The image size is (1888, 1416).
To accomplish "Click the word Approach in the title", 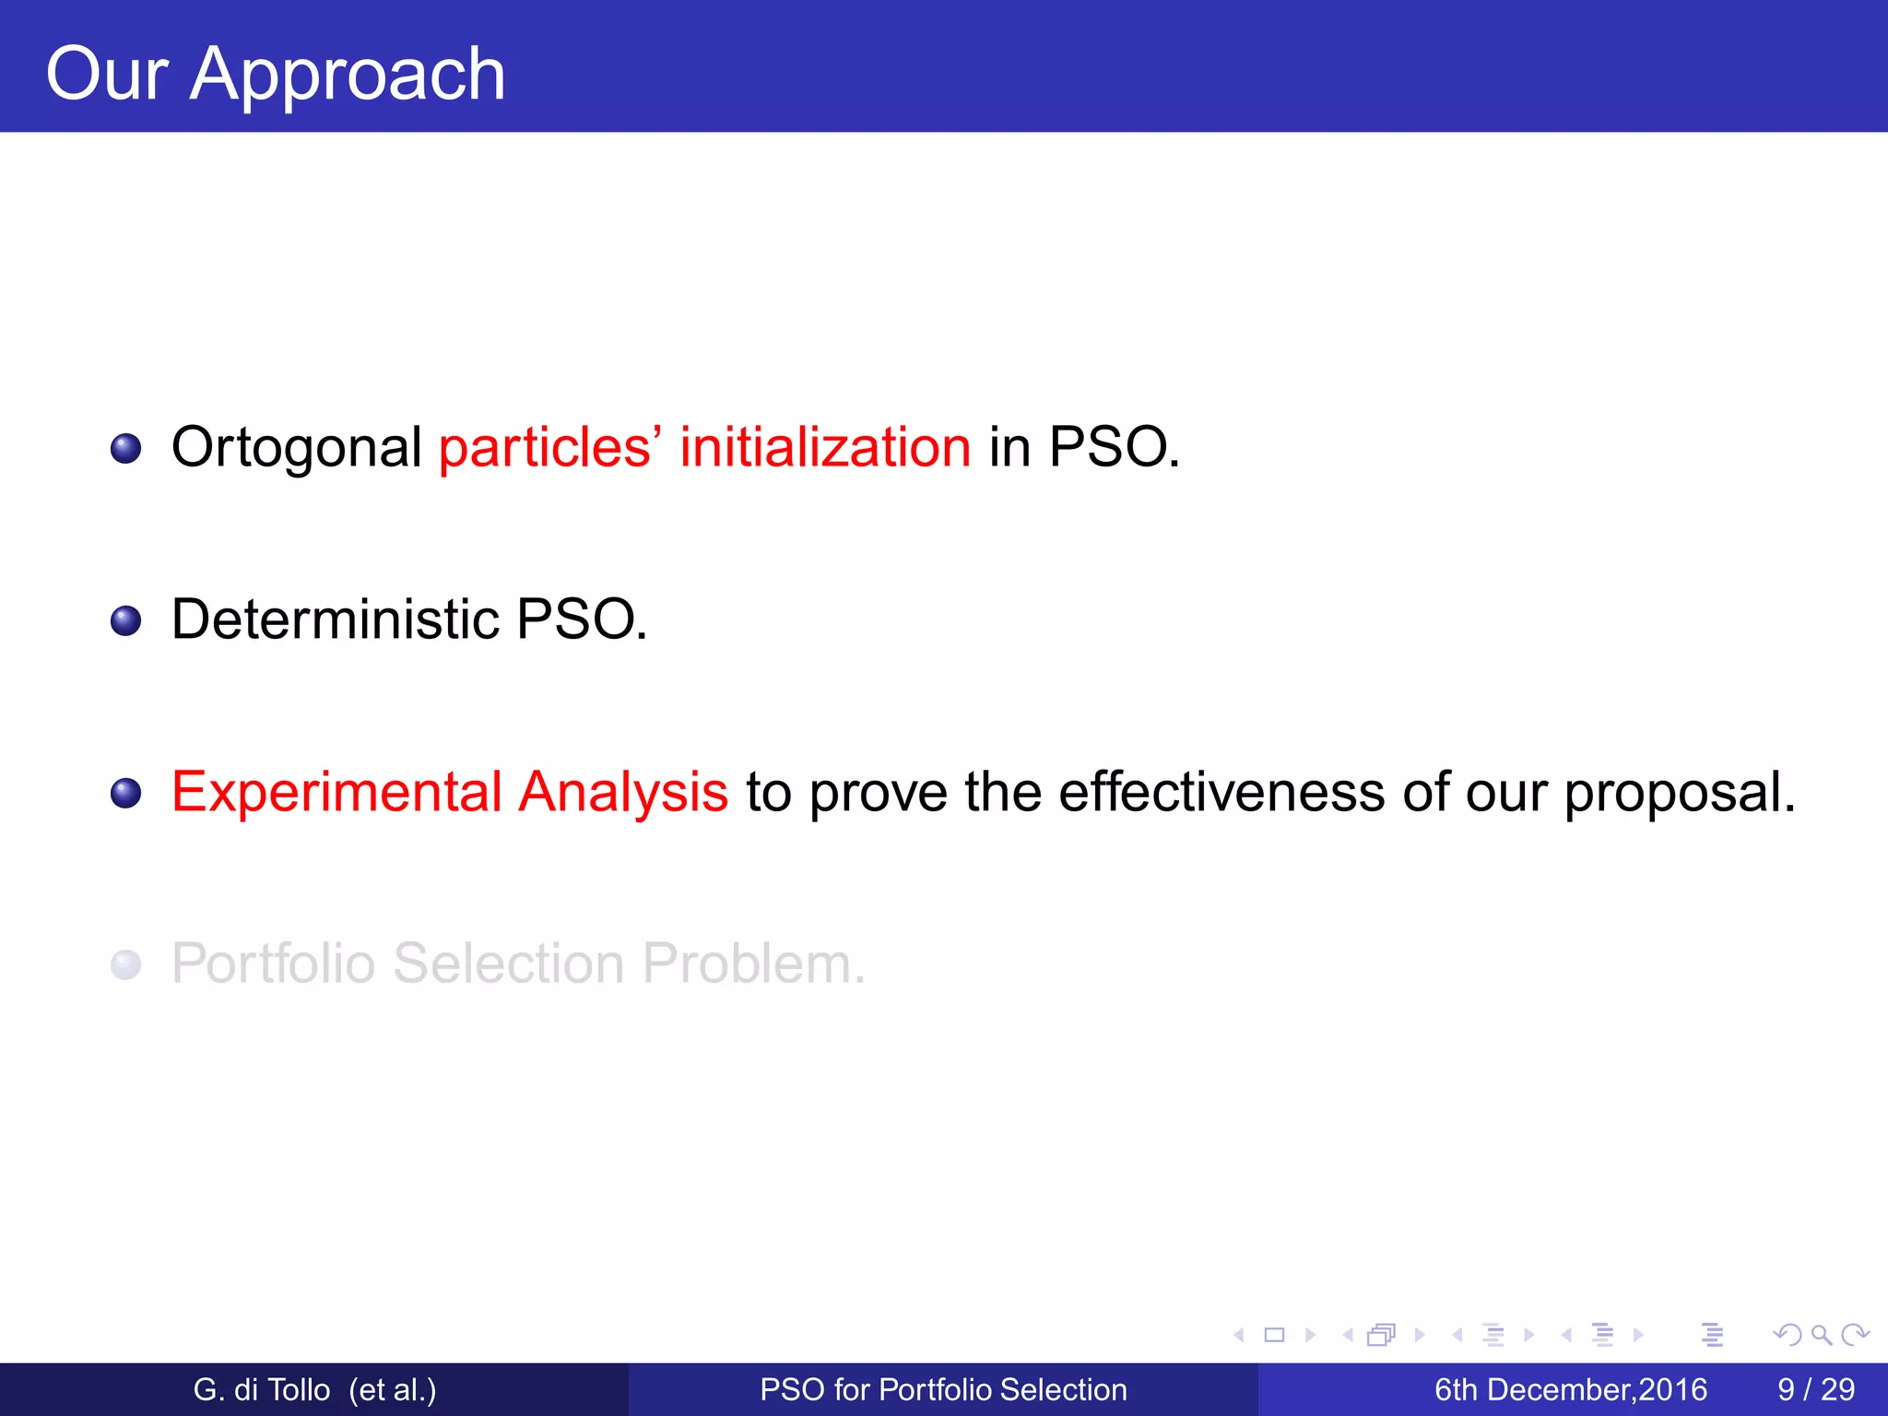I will (348, 76).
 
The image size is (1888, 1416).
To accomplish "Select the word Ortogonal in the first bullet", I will (296, 448).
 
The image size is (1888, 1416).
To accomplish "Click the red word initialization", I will (825, 447).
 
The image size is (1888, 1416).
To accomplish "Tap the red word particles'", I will (545, 447).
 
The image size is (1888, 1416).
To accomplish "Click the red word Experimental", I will (336, 792).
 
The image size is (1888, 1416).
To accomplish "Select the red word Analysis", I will (622, 792).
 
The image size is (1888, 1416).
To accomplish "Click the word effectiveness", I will (1221, 792).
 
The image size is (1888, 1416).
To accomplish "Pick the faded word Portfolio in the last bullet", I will (273, 963).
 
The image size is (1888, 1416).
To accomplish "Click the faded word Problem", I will (752, 963).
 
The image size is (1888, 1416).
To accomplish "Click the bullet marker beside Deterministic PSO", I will (125, 621).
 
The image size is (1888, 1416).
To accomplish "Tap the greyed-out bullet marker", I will (125, 965).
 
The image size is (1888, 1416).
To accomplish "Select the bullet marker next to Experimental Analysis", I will (125, 794).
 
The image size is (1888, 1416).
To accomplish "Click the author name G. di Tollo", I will (261, 1389).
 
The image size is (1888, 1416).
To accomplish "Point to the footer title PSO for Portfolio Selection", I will (942, 1389).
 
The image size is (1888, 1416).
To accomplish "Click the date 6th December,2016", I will (1570, 1389).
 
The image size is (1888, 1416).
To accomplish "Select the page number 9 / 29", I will (1815, 1389).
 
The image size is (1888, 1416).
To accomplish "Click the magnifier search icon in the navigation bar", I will (1821, 1335).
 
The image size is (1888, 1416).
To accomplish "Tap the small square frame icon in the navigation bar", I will (1274, 1335).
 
